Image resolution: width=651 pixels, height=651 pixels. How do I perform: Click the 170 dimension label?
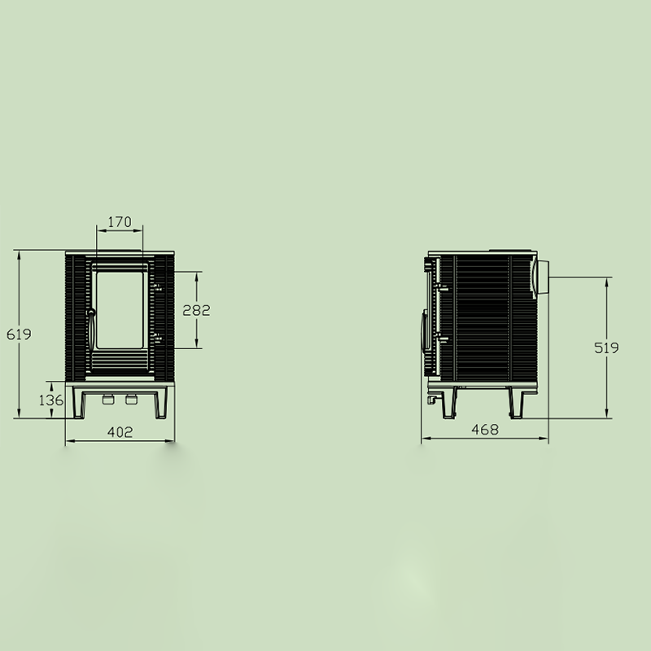(x=120, y=222)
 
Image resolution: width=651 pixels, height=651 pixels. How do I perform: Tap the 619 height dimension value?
(x=19, y=334)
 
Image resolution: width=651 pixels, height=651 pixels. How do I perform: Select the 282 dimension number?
(x=196, y=310)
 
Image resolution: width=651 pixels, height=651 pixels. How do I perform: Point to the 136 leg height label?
(x=51, y=400)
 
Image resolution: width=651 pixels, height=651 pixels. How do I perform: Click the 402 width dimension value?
(x=120, y=432)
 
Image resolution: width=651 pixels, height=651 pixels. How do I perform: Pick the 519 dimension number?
(x=606, y=347)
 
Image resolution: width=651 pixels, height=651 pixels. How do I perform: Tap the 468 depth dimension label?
(x=485, y=430)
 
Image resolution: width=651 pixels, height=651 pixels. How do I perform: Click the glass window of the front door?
(x=120, y=310)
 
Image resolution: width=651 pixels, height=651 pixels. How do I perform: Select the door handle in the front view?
(x=90, y=330)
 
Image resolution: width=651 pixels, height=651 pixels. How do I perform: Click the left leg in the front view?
(x=78, y=403)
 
